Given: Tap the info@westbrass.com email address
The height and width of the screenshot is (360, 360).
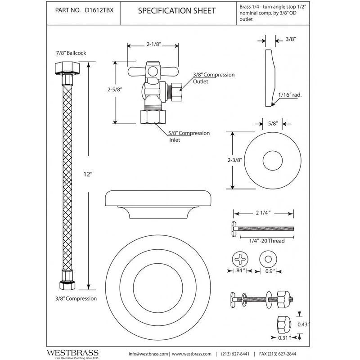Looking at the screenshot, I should coord(148,353).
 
